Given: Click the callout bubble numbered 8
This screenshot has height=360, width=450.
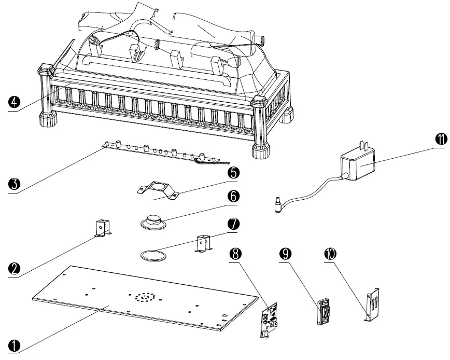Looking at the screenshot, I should coord(236,254).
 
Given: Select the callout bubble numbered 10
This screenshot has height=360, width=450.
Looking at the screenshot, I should coord(330,254).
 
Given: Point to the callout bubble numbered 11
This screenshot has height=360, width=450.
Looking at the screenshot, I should coord(440,139).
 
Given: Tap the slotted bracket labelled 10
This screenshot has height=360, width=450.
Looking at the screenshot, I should coord(372,305).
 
